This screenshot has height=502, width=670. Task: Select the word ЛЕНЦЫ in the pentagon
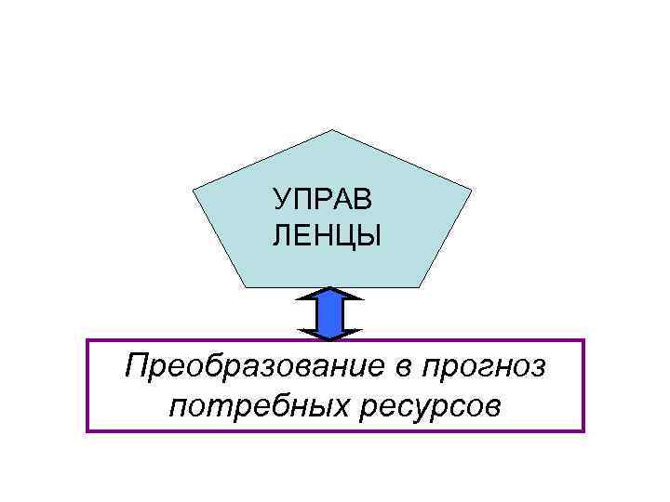click(326, 237)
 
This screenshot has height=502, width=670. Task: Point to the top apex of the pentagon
click(332, 131)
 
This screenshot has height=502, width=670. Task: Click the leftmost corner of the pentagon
click(193, 192)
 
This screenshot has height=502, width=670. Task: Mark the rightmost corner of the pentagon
click(472, 192)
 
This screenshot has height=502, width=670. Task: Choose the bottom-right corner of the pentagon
click(421, 285)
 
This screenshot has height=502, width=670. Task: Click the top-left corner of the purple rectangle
click(87, 340)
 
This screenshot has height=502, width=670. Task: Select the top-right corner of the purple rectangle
click(583, 340)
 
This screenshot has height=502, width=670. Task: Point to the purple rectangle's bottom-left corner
click(87, 431)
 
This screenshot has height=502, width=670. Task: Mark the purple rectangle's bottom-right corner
click(583, 431)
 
